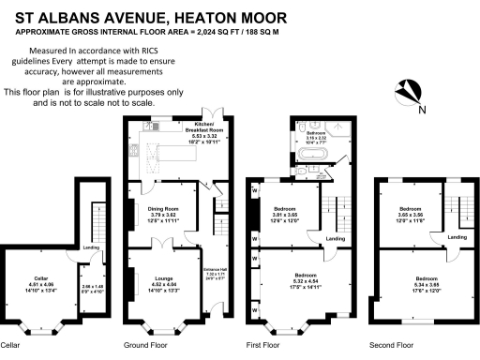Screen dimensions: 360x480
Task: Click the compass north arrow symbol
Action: [x=409, y=93]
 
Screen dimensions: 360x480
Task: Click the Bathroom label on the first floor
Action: [x=315, y=138]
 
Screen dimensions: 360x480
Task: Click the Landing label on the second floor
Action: [x=457, y=237]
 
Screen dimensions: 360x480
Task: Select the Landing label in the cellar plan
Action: [x=91, y=247]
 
